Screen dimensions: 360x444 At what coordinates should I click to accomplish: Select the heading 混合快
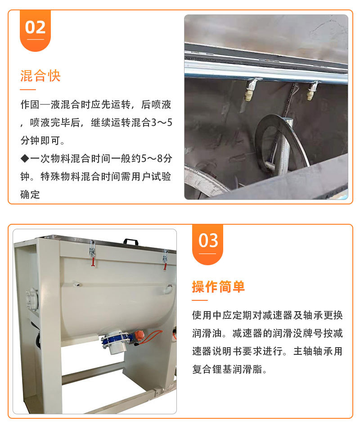(40, 76)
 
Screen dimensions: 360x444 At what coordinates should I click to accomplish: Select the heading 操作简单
(218, 286)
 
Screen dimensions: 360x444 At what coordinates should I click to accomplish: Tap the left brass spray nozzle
(250, 90)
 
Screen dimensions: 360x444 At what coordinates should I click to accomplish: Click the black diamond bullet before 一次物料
(25, 159)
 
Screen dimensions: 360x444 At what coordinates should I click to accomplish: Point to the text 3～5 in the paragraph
(162, 122)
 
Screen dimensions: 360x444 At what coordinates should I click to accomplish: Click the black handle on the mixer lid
(131, 241)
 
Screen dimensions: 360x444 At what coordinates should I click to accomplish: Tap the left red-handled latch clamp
(92, 253)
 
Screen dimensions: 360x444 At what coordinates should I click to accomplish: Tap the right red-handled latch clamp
(165, 259)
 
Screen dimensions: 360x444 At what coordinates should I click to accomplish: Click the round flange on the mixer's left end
(31, 300)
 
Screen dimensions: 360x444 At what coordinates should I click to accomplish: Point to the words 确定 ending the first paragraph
(30, 195)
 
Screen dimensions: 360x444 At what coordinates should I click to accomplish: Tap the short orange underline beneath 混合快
(28, 90)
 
